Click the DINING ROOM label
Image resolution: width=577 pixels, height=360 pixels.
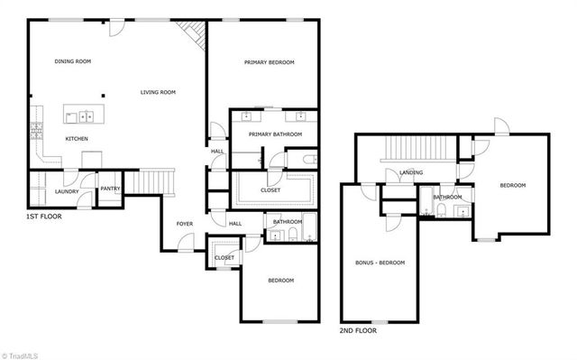click(x=73, y=61)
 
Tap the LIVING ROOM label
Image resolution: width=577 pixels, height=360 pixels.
click(x=158, y=92)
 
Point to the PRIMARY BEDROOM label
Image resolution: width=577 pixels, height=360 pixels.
click(x=270, y=62)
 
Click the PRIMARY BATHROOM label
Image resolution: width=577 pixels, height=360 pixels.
click(x=276, y=134)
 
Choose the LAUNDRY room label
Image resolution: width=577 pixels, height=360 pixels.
click(x=68, y=191)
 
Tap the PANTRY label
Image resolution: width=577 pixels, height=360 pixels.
click(x=110, y=189)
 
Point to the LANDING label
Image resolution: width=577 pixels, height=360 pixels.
click(x=412, y=172)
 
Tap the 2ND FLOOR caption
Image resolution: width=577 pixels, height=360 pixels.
click(x=359, y=330)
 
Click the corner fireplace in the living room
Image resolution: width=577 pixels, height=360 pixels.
click(x=194, y=35)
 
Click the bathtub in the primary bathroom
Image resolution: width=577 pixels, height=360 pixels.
click(x=308, y=160)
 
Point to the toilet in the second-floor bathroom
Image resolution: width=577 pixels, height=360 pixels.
click(x=442, y=210)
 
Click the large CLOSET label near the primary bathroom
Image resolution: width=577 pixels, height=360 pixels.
click(x=270, y=190)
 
